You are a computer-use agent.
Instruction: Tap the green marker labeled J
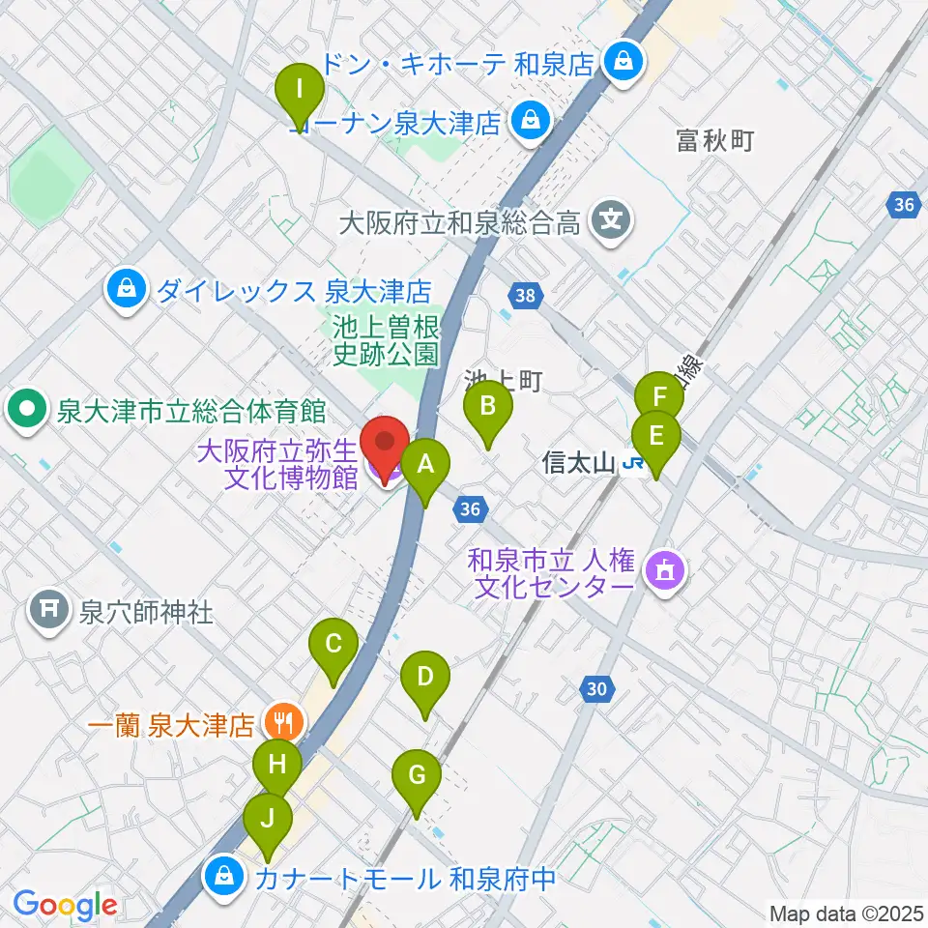268,821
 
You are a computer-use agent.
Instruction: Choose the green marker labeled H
277,768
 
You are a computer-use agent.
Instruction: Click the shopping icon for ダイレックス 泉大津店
126,287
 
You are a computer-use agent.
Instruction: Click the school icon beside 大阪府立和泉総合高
611,222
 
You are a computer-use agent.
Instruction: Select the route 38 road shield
524,295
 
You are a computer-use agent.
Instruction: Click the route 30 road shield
598,688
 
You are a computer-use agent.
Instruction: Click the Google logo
64,905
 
